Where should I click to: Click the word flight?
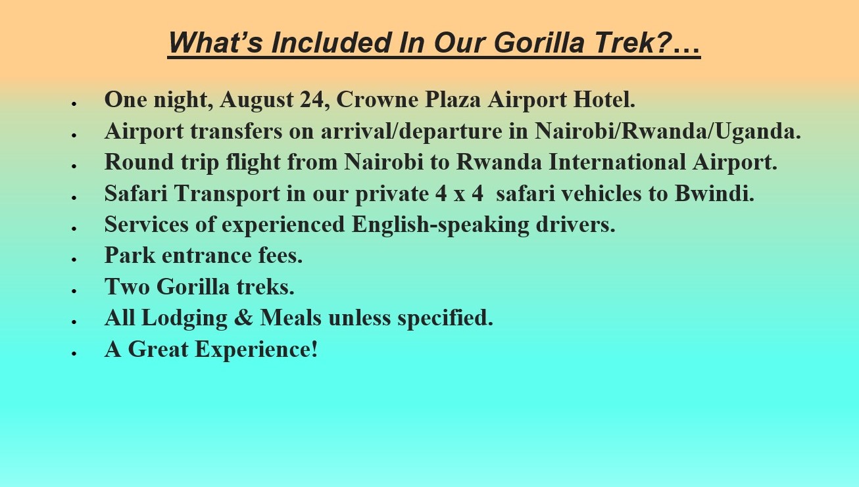click(253, 162)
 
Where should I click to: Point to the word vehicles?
click(601, 193)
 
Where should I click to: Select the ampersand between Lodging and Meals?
click(243, 318)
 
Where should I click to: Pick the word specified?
click(445, 318)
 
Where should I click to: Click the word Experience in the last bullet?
click(256, 350)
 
